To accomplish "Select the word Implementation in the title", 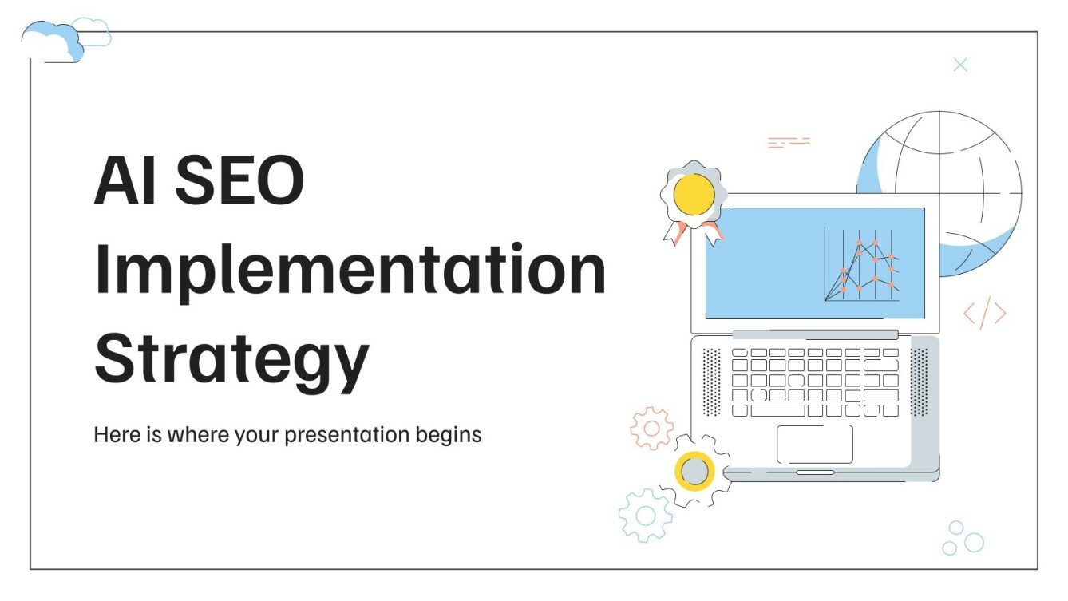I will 350,271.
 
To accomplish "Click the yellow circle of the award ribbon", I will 693,194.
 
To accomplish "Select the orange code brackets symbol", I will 984,314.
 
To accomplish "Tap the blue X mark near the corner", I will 960,65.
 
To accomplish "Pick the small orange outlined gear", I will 651,429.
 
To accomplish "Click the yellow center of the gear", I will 694,471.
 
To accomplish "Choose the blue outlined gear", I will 645,516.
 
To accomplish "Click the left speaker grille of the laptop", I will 710,382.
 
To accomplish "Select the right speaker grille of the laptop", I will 919,382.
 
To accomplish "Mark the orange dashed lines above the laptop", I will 789,143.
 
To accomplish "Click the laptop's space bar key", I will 777,410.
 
